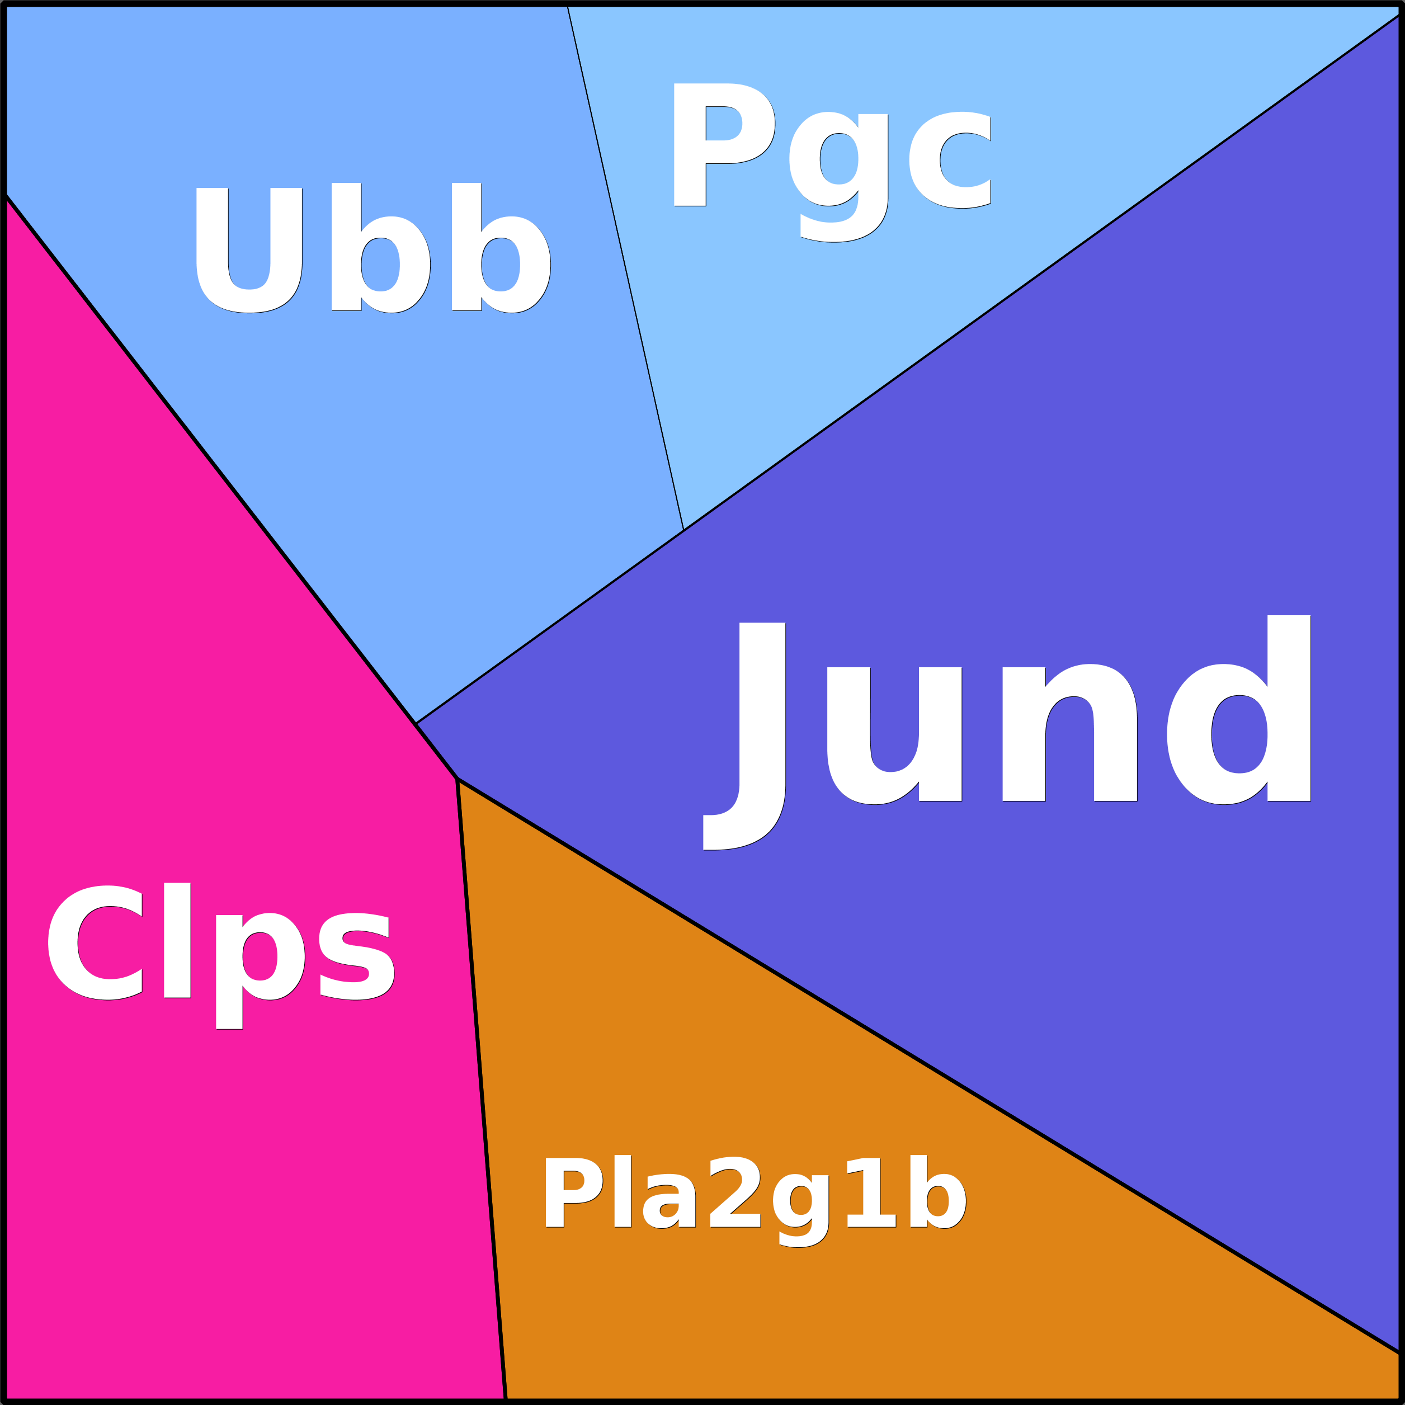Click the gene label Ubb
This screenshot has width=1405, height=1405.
(x=373, y=249)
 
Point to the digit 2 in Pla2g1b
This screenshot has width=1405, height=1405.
(x=734, y=1192)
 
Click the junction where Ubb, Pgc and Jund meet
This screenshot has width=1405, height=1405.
(x=683, y=530)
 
